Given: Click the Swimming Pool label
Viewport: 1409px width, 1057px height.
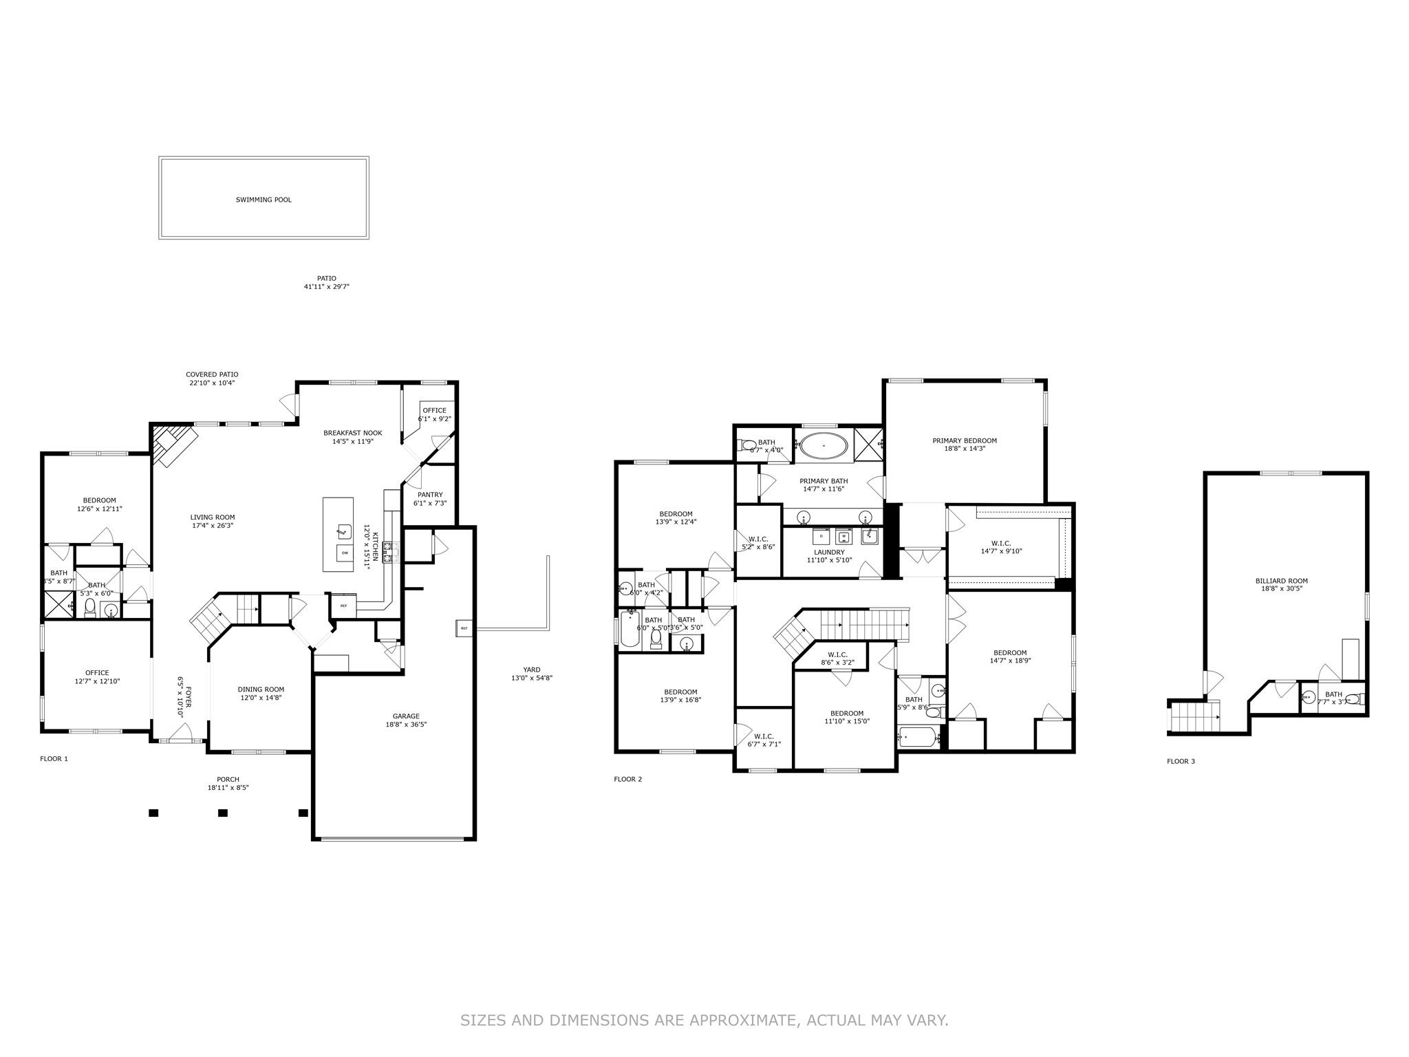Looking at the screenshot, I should click(x=263, y=200).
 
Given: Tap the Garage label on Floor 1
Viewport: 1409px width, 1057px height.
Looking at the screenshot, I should click(x=406, y=716).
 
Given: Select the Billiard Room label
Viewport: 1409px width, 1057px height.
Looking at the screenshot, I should click(x=1281, y=581).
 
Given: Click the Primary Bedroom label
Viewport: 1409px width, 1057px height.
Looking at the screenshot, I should click(x=965, y=440).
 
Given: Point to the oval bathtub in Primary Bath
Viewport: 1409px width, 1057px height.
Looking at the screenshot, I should click(x=824, y=446).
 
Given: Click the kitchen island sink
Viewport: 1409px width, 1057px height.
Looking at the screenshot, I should click(x=342, y=531).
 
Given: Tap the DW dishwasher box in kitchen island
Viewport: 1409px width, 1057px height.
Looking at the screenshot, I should click(x=345, y=553).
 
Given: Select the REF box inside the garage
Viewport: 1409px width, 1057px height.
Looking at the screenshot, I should click(x=464, y=628).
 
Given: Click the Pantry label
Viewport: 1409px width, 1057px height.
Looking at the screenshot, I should click(x=430, y=495).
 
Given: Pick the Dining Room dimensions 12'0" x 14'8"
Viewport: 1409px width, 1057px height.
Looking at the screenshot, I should click(x=261, y=698).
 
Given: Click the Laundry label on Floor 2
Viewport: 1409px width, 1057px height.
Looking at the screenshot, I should click(x=829, y=552).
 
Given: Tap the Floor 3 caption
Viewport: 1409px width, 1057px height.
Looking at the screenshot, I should click(x=1181, y=761).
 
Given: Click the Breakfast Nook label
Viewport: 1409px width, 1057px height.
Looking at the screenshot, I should click(x=352, y=433).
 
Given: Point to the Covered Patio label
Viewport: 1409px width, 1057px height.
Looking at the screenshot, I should click(x=212, y=374).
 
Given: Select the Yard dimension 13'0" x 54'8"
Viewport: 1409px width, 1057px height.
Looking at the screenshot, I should click(x=532, y=678).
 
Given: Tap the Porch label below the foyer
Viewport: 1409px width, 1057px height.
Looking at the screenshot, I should click(x=228, y=780).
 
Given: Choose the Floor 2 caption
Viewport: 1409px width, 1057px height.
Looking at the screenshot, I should click(x=627, y=779).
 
